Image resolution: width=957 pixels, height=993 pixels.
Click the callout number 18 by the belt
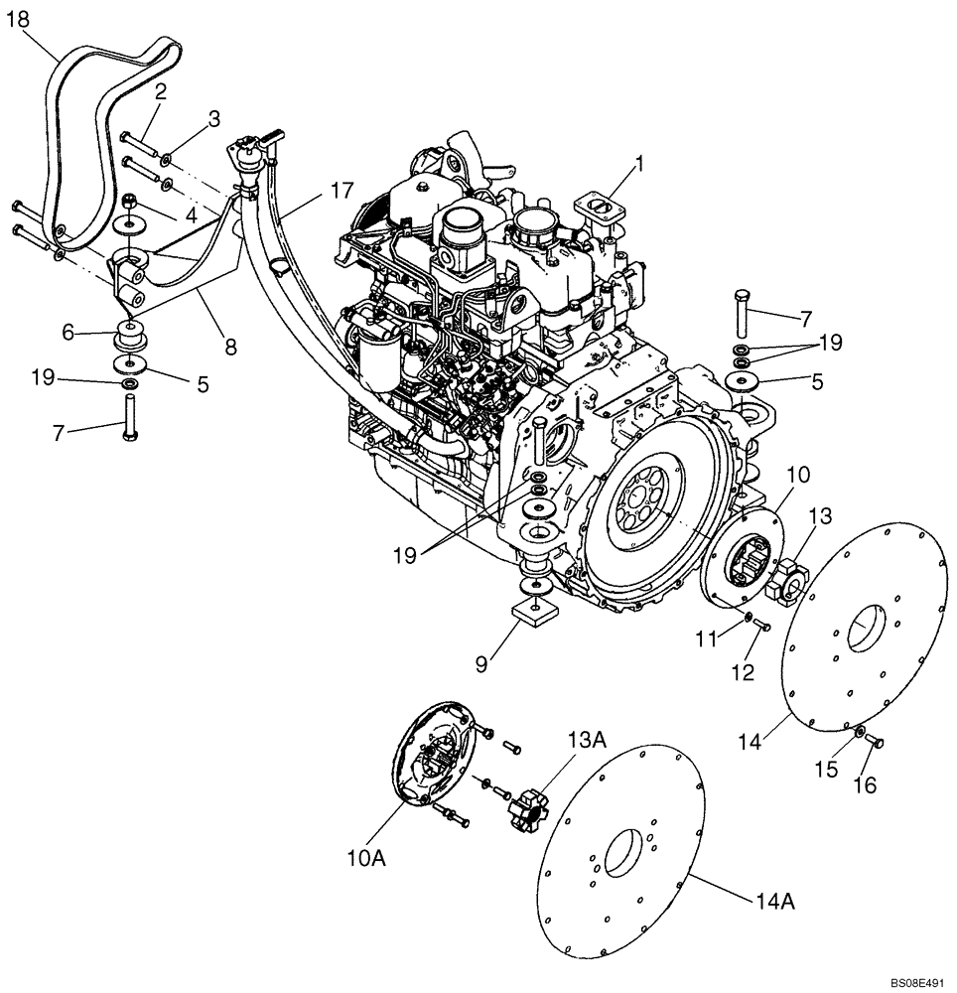[x=20, y=19]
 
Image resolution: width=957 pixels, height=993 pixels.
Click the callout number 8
[x=230, y=348]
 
